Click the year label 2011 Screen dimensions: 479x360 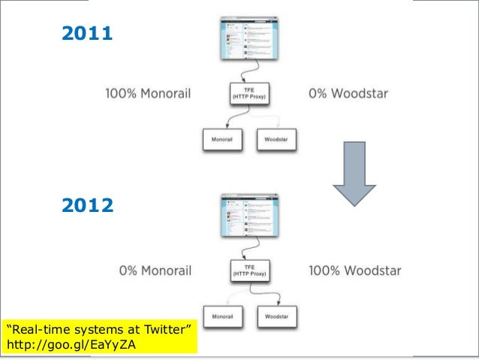click(x=86, y=33)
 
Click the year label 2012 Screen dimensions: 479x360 click(x=86, y=204)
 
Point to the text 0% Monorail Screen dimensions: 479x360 click(x=155, y=270)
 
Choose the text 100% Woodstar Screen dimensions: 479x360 click(x=355, y=270)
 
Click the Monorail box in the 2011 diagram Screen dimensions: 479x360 click(x=223, y=139)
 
